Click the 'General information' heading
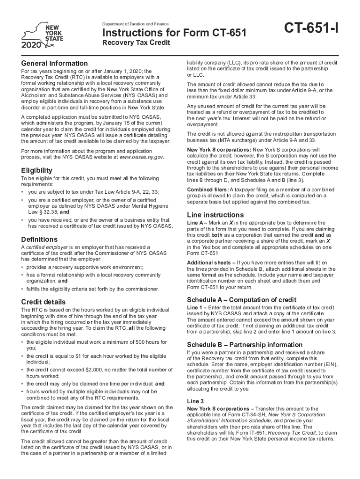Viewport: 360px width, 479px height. coord(54,63)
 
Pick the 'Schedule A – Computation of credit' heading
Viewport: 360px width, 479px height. coord(241,299)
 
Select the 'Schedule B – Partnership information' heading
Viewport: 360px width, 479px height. coord(245,345)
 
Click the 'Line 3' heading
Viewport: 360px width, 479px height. coord(195,401)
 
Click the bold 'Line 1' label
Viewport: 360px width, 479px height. coord(194,307)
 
